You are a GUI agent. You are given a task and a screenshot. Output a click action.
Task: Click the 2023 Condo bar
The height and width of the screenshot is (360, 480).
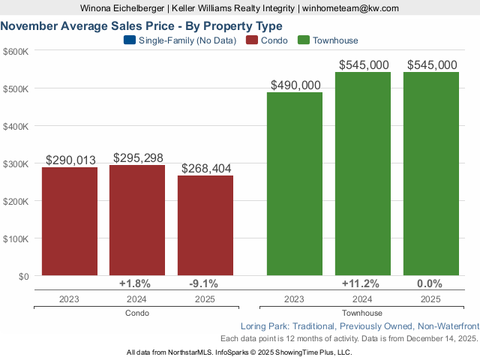tap(69, 221)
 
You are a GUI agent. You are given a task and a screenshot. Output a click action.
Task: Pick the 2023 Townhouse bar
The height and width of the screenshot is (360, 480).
tap(295, 184)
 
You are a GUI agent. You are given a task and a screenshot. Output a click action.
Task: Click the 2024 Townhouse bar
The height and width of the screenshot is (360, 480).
tap(363, 173)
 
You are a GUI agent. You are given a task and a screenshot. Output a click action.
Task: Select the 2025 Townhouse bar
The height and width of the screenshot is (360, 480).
tap(430, 173)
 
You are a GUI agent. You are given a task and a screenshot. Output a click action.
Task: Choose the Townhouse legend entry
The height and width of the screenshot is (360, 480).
tap(328, 40)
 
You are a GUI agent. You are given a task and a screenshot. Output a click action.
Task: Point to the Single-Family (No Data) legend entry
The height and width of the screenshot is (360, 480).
tap(179, 40)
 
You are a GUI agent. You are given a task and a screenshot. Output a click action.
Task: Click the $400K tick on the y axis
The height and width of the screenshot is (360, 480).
tap(16, 126)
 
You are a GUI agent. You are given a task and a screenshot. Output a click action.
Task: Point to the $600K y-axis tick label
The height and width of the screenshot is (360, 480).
tap(16, 51)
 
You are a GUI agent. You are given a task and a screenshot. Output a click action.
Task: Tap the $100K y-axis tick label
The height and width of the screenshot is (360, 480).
tap(16, 238)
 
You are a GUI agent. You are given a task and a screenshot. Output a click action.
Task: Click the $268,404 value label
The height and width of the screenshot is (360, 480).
tap(205, 168)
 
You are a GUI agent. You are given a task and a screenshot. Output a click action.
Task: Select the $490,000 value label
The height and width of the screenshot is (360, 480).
tap(295, 85)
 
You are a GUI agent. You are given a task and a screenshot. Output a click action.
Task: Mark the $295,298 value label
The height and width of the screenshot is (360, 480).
tap(137, 157)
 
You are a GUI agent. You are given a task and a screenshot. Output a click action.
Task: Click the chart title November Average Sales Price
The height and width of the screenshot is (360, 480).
tap(142, 25)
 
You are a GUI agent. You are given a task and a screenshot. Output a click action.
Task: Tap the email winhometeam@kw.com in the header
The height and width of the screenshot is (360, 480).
tap(350, 7)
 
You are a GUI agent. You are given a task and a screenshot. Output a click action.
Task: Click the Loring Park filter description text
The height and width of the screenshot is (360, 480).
tap(359, 326)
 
